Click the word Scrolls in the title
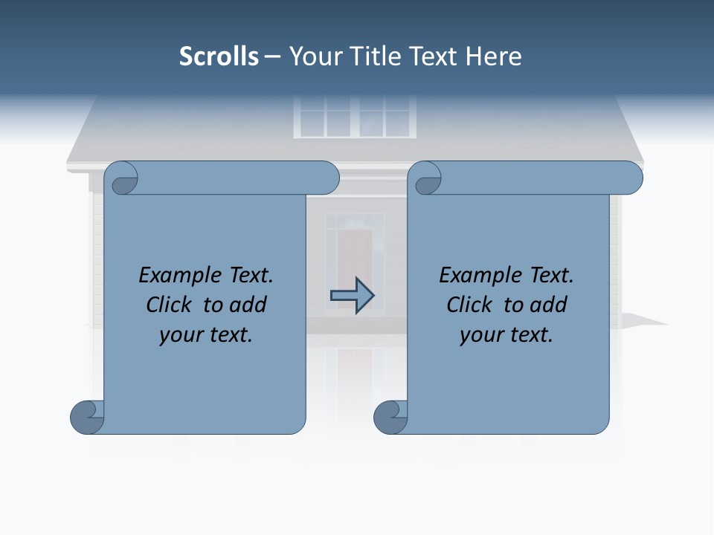click(x=219, y=56)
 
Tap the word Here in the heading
click(x=493, y=56)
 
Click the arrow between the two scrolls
click(x=352, y=296)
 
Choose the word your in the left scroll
click(x=180, y=336)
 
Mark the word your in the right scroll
click(x=480, y=336)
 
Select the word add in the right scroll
click(x=550, y=305)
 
